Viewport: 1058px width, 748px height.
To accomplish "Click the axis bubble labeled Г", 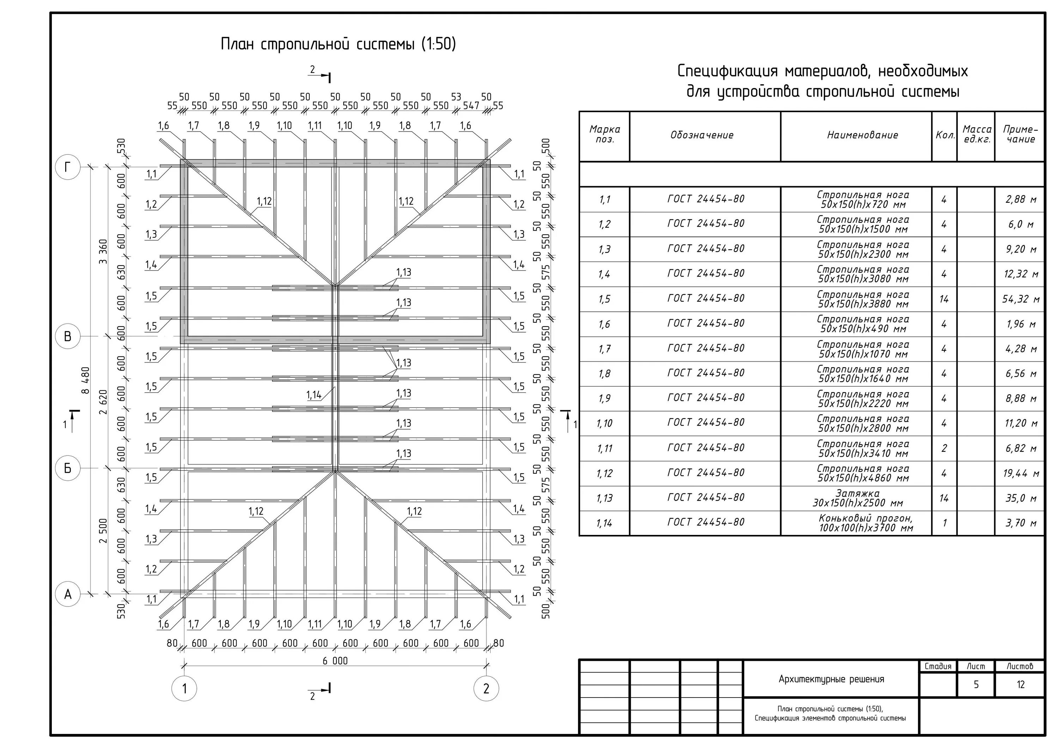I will click(x=68, y=167).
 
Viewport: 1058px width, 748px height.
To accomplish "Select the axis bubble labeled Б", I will click(x=68, y=468).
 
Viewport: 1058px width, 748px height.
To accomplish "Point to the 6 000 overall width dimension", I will click(x=335, y=661).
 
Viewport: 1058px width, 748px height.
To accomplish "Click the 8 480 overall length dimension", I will click(x=86, y=381).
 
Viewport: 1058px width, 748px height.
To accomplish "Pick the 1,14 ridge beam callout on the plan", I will click(x=314, y=395).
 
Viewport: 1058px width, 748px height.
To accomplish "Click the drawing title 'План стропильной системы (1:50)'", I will click(x=338, y=44).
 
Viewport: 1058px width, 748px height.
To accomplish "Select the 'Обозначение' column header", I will click(x=702, y=135).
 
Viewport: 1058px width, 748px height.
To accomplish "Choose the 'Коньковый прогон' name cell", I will click(x=865, y=523).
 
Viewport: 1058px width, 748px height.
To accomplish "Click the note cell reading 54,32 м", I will click(x=1021, y=299).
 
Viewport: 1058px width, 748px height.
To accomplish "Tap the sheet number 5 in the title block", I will click(x=976, y=685).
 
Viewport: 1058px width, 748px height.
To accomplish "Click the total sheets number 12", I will click(x=1021, y=685).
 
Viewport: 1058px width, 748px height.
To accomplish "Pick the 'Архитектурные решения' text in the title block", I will click(x=831, y=679).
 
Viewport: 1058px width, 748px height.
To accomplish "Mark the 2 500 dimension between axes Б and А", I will click(x=103, y=531).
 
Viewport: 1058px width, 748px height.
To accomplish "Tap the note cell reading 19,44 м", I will click(x=1021, y=473).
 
